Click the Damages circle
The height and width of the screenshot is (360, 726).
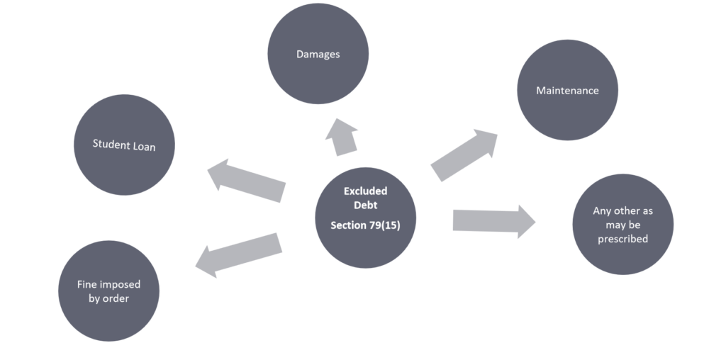click(317, 55)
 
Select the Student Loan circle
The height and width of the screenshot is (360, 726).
click(124, 146)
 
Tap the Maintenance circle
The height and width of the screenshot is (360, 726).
click(567, 91)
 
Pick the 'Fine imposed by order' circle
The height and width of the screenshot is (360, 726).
click(108, 291)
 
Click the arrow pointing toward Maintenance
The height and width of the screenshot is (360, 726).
click(464, 154)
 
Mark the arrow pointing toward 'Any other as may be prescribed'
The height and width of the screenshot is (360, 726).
click(493, 220)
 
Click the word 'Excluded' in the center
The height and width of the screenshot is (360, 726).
click(366, 191)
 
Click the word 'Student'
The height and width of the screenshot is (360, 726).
click(108, 144)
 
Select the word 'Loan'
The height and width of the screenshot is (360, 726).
click(143, 147)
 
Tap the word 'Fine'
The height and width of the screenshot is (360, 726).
click(86, 284)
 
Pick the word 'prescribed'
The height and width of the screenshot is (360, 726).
click(622, 239)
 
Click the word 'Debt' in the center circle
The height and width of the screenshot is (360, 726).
click(366, 205)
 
